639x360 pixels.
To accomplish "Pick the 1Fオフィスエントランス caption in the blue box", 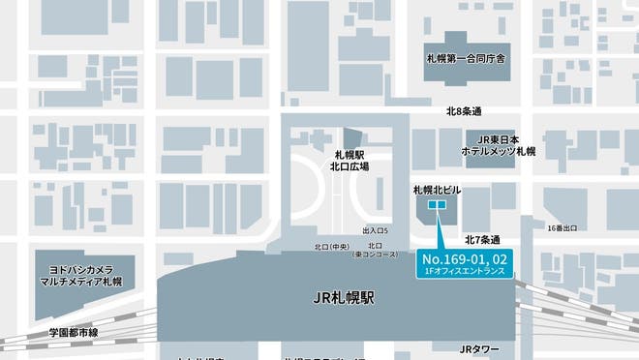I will pos(464,273).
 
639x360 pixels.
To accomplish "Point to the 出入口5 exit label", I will pos(375,230).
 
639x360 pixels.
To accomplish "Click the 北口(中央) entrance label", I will pos(331,247).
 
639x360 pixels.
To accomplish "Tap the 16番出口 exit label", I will pos(563,227).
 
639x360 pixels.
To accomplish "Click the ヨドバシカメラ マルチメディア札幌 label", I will pos(85,275).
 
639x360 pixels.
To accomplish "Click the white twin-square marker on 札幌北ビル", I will pos(437,205).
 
